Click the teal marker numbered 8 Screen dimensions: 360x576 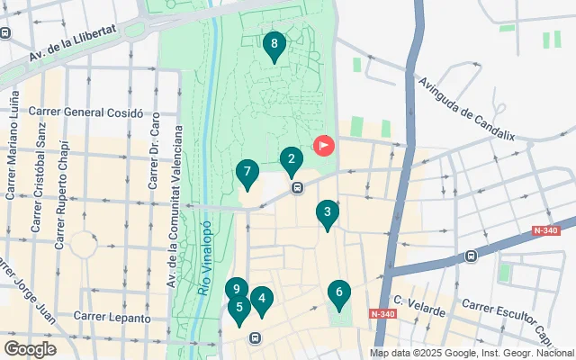click(x=274, y=44)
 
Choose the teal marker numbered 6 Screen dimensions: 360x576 click(x=339, y=292)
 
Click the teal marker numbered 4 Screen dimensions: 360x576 click(x=261, y=300)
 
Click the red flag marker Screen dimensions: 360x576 click(x=323, y=144)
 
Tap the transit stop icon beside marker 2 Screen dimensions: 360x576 click(x=297, y=187)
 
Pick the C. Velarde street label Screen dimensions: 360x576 click(x=418, y=305)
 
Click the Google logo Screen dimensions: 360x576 click(x=30, y=348)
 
